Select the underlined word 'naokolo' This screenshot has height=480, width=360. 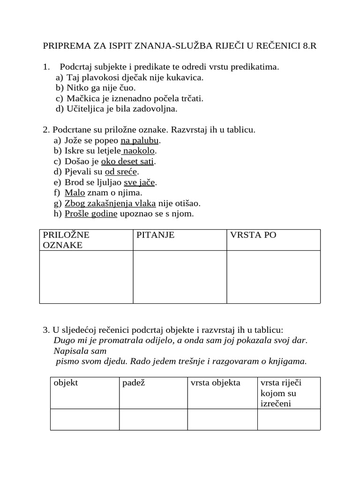[139, 150]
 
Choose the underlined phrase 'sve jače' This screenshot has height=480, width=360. [139, 182]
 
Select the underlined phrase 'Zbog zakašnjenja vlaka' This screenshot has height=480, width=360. [110, 203]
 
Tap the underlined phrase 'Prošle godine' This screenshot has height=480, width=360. [91, 214]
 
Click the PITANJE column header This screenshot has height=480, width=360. [155, 235]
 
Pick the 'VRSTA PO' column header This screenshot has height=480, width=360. [252, 235]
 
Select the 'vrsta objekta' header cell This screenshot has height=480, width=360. [215, 383]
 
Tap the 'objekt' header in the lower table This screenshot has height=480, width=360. [66, 383]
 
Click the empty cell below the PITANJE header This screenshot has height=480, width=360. [180, 277]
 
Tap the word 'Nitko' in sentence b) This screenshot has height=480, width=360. [77, 88]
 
